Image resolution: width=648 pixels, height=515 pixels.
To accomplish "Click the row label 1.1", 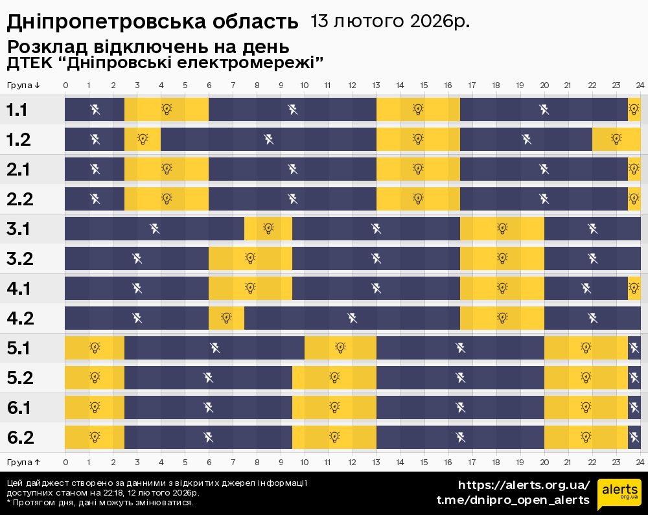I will coord(17,110).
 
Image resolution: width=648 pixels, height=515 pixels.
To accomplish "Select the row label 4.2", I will coord(19,318).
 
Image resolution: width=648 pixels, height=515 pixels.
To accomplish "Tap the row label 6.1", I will coord(19,407).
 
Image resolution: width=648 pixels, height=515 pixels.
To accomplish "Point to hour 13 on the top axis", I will coord(376,86).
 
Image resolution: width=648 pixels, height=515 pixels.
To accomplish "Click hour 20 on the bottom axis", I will coord(544,462).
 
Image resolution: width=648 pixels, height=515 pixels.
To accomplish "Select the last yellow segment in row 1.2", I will coord(616,139).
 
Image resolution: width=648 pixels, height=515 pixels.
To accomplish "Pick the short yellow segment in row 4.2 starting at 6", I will coord(226,318).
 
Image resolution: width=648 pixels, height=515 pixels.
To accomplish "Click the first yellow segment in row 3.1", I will coord(268,228).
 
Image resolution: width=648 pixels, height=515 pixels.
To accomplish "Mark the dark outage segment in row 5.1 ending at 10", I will coord(214,348).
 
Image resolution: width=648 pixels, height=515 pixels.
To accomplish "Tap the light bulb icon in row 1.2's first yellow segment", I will coord(143,139).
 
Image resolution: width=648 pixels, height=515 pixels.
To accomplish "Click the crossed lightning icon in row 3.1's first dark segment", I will coord(154,228).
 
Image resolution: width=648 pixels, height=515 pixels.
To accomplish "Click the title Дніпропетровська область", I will coord(152,22).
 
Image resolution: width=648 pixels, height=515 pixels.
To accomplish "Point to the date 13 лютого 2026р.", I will coord(390,21).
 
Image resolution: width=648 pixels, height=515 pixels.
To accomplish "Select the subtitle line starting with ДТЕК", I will coord(165,63).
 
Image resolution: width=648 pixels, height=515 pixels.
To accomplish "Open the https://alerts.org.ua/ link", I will coord(524,485).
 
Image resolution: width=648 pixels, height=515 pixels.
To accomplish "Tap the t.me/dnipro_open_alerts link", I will coord(513,500).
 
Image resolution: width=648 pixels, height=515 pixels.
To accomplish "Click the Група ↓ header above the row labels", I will coord(24,86).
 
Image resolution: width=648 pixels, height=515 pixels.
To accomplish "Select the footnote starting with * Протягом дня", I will coord(100,502).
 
